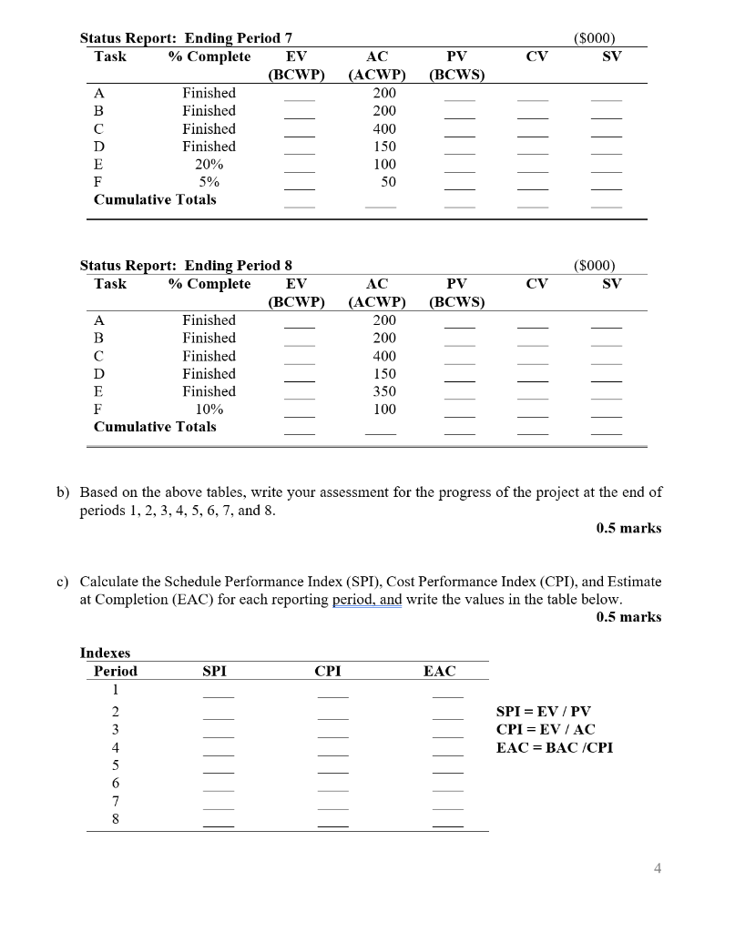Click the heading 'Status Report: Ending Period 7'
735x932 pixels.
pos(186,38)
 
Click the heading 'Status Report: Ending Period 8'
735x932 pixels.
pos(186,266)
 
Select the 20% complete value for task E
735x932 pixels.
pos(209,165)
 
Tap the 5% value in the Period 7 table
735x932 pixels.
pos(209,182)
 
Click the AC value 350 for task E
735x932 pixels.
pos(384,391)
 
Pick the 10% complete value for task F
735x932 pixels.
pos(209,410)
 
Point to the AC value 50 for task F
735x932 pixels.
pos(389,182)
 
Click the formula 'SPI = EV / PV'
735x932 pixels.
pos(544,711)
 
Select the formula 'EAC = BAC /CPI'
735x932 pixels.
pos(554,747)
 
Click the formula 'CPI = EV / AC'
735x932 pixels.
pos(545,729)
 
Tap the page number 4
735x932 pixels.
pos(658,867)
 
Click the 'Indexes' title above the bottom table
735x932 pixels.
pos(105,653)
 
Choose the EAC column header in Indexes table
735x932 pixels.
pos(440,671)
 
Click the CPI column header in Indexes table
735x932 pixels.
pos(328,671)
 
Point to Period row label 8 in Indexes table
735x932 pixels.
pos(116,818)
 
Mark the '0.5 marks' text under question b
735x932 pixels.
pos(628,528)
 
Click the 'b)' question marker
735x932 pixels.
pos(63,492)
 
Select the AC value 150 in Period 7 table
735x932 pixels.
pos(384,147)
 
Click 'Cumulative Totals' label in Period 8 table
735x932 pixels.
pos(155,427)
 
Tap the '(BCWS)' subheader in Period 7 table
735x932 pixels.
pos(455,75)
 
